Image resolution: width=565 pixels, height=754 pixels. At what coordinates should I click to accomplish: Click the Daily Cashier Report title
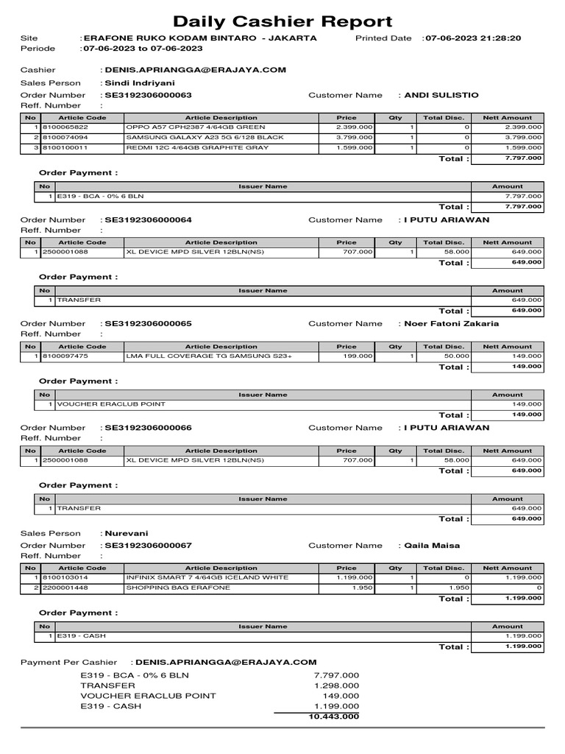tap(282, 22)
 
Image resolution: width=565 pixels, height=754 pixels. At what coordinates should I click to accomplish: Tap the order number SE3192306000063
tap(148, 95)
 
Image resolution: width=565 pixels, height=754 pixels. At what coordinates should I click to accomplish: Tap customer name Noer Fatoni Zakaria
tap(451, 323)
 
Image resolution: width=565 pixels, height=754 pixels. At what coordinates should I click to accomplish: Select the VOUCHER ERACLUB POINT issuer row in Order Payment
tap(111, 404)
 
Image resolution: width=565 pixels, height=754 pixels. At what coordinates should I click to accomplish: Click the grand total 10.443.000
tap(334, 716)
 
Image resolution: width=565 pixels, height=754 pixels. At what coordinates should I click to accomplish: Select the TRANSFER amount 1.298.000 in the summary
tap(336, 685)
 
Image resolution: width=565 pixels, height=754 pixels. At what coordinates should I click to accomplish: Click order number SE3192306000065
tap(148, 323)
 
